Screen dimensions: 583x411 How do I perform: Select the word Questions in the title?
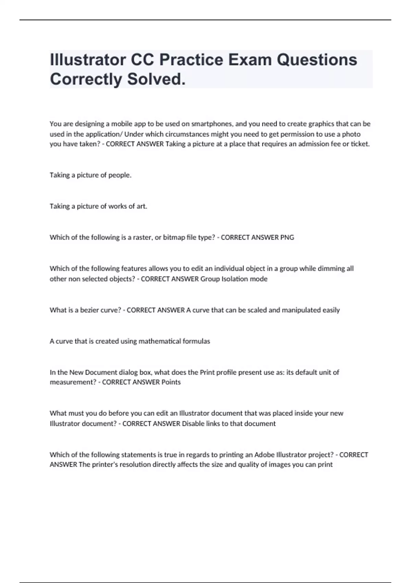pyautogui.click(x=317, y=60)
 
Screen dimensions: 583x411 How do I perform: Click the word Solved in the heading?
pyautogui.click(x=156, y=79)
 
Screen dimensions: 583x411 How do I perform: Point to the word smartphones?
pyautogui.click(x=212, y=124)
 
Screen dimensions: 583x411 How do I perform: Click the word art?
pyautogui.click(x=141, y=206)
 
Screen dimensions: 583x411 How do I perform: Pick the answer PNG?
pyautogui.click(x=287, y=237)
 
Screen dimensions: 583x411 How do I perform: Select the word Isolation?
pyautogui.click(x=235, y=279)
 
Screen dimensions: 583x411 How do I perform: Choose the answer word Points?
pyautogui.click(x=171, y=382)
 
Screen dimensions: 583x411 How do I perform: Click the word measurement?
pyautogui.click(x=73, y=382)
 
